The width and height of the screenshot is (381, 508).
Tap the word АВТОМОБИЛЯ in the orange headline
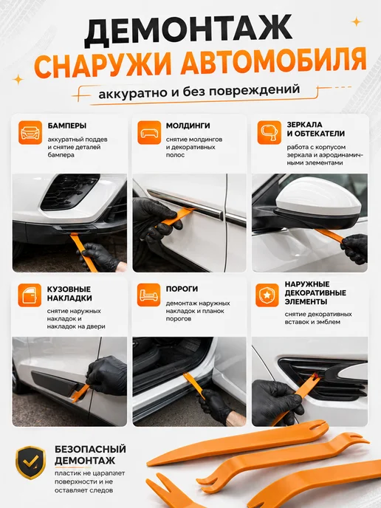(x=273, y=62)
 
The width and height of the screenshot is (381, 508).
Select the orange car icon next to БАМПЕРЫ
(x=30, y=132)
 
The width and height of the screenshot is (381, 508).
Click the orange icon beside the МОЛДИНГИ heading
(x=149, y=132)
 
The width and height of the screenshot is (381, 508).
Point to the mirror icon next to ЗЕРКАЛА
(x=270, y=132)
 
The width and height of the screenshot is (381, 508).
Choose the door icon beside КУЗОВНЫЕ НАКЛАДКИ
(x=30, y=295)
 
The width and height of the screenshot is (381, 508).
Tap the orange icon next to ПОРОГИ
(x=148, y=295)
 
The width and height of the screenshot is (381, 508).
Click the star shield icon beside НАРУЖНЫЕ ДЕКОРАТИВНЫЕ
(x=267, y=295)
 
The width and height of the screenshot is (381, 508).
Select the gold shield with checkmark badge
(x=31, y=462)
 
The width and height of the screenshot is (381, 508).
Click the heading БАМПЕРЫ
(x=67, y=126)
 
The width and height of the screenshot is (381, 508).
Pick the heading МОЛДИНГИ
(x=188, y=126)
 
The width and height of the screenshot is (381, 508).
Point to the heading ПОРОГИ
(x=182, y=289)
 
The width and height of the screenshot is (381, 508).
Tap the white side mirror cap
(x=318, y=195)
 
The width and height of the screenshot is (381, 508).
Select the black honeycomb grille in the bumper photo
(x=69, y=192)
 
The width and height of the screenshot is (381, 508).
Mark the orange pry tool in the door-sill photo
(x=193, y=385)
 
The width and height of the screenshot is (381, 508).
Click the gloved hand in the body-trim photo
(x=107, y=375)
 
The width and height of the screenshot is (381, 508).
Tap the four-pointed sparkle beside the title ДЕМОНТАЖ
(x=357, y=21)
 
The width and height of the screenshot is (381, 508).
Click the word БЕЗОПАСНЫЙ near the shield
(x=90, y=450)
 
